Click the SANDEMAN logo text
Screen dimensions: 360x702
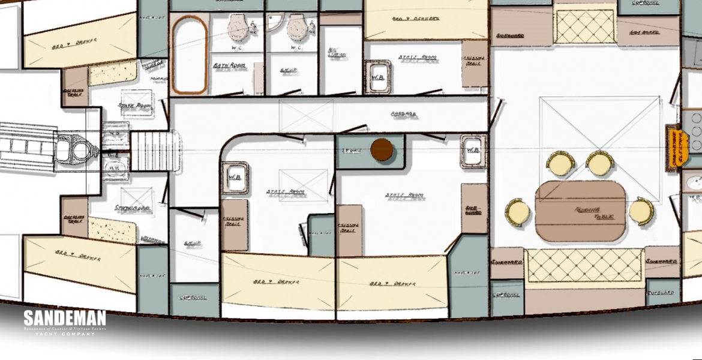65,319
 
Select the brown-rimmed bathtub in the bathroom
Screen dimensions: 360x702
190,55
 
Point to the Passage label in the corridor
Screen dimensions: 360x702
403,114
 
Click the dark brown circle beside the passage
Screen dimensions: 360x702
381,150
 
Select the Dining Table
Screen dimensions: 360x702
581,211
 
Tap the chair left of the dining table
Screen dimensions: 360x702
517,211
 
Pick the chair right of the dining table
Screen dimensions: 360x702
641,211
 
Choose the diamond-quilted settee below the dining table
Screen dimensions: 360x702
584,265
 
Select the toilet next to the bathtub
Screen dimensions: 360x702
240,26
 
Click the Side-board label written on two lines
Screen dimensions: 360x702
473,209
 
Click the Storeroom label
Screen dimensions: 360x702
132,208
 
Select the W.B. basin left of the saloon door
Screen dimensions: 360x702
473,148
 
